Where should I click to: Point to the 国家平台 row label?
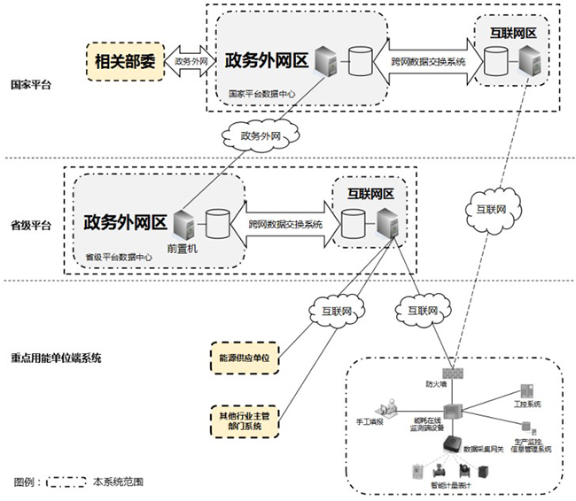[x=31, y=86]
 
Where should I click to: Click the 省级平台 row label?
[x=31, y=225]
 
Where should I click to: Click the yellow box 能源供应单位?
[x=244, y=358]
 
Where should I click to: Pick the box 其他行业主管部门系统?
[x=244, y=420]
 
